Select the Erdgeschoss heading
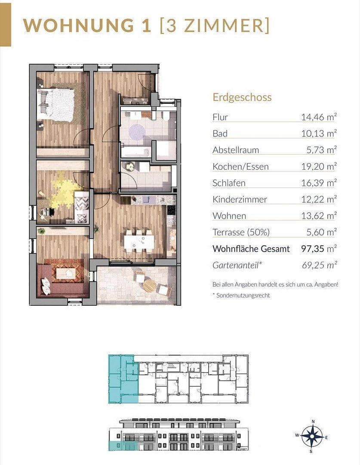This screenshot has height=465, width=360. click(242, 97)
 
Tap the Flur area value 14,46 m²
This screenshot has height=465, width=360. click(319, 117)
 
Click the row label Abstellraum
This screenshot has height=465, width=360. click(236, 150)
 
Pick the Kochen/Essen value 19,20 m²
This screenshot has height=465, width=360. click(319, 167)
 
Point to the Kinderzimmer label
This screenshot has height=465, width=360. click(240, 199)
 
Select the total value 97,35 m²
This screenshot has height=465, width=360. click(319, 249)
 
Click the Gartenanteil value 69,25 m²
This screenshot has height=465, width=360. click(319, 265)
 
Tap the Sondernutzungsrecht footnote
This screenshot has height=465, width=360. click(243, 295)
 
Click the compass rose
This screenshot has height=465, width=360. click(312, 436)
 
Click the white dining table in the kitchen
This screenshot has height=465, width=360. click(139, 241)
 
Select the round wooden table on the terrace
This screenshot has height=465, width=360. click(148, 285)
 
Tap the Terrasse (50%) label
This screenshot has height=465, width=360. click(241, 232)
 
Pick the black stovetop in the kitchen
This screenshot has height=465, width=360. click(171, 210)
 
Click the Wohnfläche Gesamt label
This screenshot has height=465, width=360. click(251, 249)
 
